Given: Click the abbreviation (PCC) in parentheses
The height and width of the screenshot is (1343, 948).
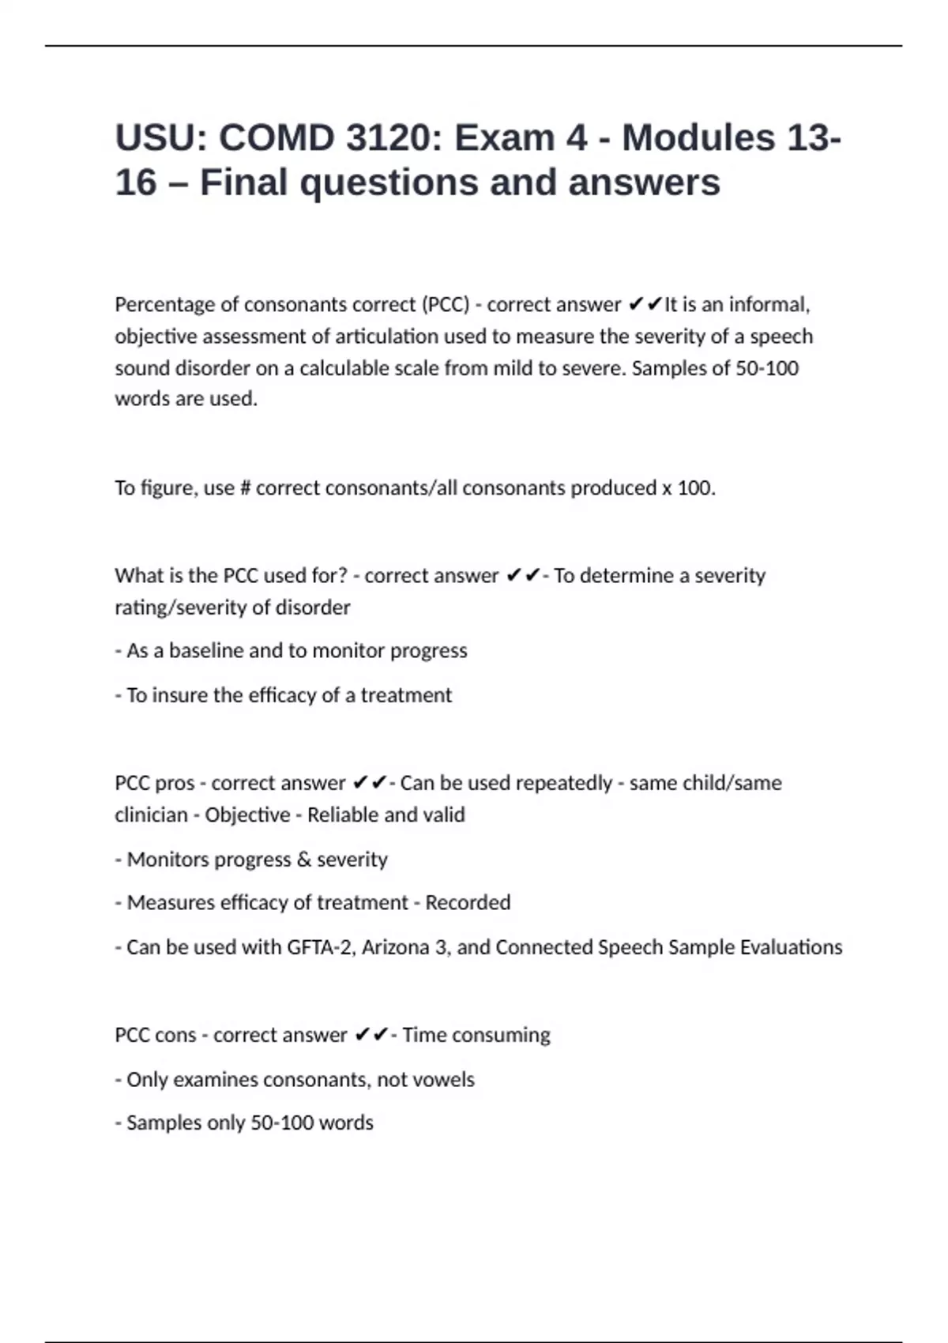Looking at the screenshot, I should pos(446,305).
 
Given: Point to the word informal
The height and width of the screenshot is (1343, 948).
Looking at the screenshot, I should pos(769,305).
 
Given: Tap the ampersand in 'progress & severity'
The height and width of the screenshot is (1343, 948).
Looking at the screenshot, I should pos(304,860).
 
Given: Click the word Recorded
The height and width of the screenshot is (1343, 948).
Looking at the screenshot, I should pos(468,903).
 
